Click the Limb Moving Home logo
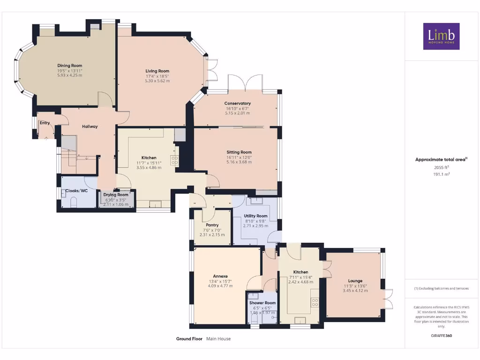[x=441, y=36]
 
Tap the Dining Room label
[x=70, y=66]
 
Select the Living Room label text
[x=157, y=71]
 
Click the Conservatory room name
[x=237, y=103]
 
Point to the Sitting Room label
[x=239, y=152]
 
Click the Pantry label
[x=212, y=225]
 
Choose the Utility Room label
[x=255, y=216]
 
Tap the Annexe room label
[x=220, y=276]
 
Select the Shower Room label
[x=262, y=303]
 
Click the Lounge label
[x=355, y=281]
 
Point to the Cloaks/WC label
[x=76, y=191]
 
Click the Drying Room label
[x=116, y=195]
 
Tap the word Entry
[x=45, y=123]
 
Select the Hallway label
[x=90, y=126]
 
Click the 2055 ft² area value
[x=441, y=167]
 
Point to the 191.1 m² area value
[x=441, y=174]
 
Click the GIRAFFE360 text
[x=441, y=336]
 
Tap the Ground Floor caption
[x=189, y=338]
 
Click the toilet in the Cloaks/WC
[x=74, y=202]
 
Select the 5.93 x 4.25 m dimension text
[x=70, y=75]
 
